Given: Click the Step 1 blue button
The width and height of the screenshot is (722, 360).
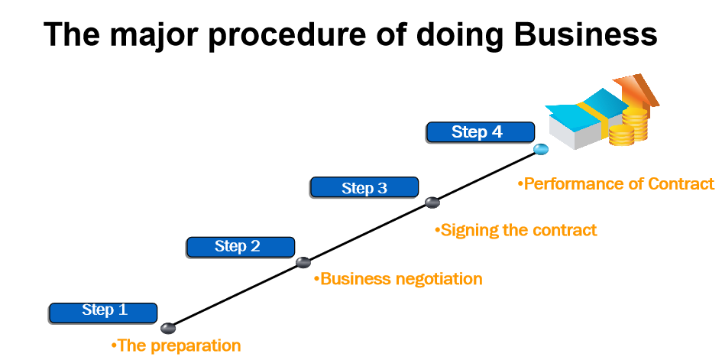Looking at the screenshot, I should coord(103,312).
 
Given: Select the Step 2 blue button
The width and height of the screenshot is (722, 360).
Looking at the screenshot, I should coord(241,247).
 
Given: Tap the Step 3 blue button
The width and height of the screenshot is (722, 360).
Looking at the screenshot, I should coord(364,187).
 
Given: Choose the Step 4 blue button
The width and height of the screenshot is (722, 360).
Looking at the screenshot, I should coord(480,132).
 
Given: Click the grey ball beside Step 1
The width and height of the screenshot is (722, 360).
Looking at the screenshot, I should coord(168,329).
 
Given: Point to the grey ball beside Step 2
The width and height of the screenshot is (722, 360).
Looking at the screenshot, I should coord(303,262).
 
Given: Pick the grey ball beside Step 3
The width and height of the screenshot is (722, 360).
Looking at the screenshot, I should coord(432,203).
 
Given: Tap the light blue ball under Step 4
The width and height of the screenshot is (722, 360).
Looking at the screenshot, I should coord(541,150).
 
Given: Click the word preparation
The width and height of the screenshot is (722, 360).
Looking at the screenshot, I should coord(196,345).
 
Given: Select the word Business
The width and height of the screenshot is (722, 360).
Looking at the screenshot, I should coord(356,279).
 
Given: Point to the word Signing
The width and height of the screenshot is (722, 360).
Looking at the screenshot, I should coord(468,230).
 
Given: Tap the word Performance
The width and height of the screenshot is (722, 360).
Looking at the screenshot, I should coord(575,184).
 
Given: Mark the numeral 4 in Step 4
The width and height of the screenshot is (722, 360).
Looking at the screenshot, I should coord(497,132).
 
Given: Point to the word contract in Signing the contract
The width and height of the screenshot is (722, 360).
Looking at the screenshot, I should coord(566,230).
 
